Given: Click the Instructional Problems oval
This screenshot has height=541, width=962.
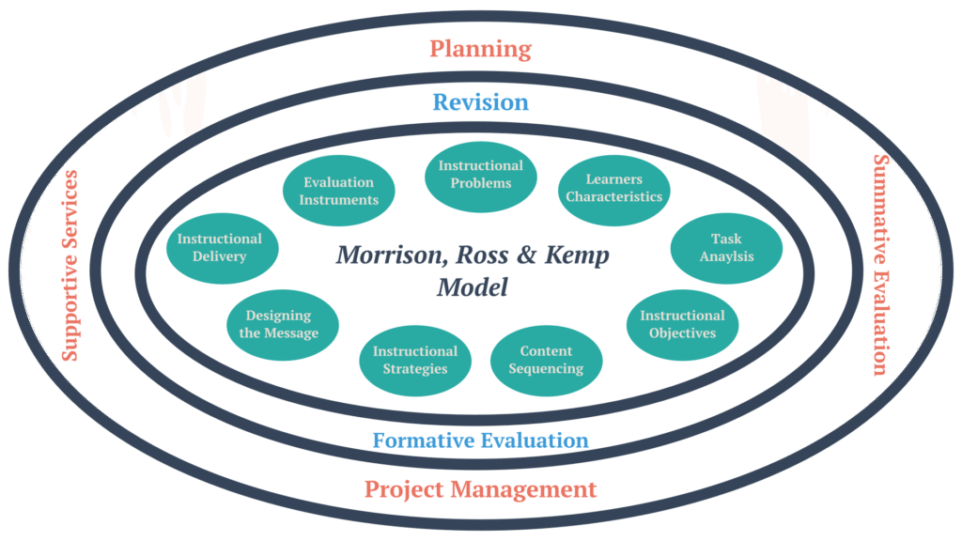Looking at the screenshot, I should pos(481,175).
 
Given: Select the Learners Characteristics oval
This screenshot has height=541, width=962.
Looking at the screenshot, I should pos(614,189).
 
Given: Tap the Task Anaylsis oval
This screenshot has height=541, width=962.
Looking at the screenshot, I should pos(726,248).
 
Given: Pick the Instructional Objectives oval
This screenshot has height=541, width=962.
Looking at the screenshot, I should pos(682,324).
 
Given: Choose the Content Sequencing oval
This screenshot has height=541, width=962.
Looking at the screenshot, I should pos(546,360).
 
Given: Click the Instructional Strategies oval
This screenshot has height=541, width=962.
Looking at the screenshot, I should pos(415,360).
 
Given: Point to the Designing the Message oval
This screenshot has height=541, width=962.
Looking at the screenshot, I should pos(278,325).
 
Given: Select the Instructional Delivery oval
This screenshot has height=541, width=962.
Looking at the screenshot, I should pos(220,248).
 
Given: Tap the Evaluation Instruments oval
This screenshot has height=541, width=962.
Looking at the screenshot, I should pos(339,191).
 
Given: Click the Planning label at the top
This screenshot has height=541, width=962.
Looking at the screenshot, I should pos(480,48).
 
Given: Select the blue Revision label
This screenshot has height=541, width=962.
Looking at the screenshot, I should pos(480,101).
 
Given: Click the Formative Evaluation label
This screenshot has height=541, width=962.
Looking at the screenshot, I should pos(480,440).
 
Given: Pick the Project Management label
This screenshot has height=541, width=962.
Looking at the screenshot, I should pos(480,489).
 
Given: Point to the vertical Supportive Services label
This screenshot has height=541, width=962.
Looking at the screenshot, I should pos(70,266).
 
